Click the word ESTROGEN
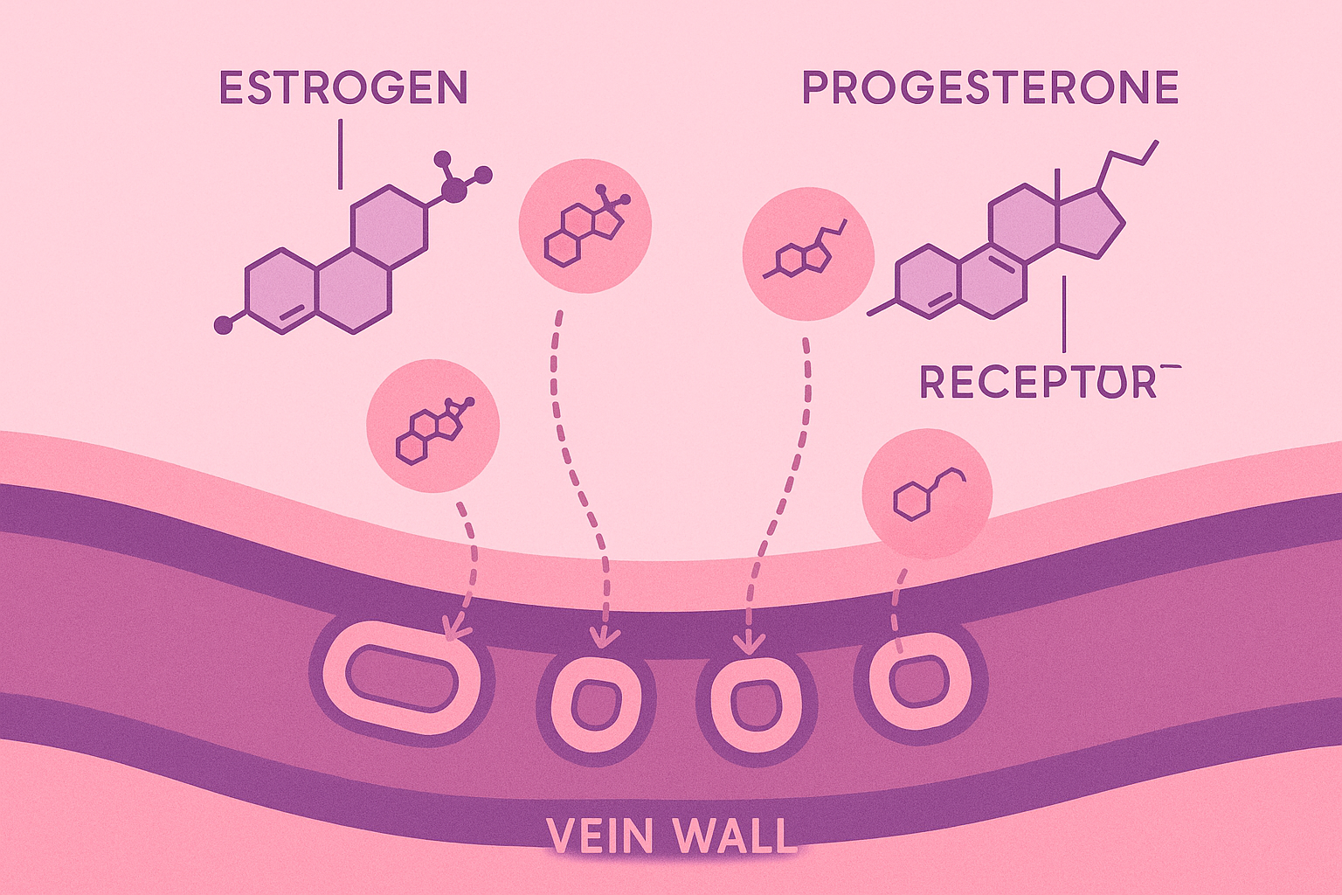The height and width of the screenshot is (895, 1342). [342, 88]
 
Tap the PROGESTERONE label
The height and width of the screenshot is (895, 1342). [990, 88]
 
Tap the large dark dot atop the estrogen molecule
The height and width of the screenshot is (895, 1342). [454, 191]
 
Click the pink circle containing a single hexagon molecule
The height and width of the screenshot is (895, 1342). [927, 494]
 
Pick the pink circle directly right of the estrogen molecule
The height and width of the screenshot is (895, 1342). [585, 225]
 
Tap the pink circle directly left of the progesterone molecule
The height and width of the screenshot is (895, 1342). [807, 253]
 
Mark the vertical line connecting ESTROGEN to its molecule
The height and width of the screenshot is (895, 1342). [340, 155]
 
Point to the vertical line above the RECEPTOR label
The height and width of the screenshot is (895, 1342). [1063, 315]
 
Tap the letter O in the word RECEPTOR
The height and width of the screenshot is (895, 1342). [1112, 383]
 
